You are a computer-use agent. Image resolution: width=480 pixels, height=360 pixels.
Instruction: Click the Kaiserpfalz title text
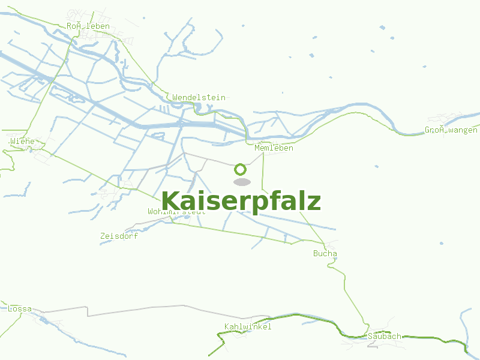pos(241,202)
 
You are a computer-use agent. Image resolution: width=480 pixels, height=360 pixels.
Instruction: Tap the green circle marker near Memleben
pos(241,170)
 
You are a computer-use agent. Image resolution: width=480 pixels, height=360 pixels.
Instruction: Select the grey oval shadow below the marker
pos(241,182)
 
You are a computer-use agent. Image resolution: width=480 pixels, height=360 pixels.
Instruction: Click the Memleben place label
pos(274,148)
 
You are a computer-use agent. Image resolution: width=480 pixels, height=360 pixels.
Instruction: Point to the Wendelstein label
pos(199,97)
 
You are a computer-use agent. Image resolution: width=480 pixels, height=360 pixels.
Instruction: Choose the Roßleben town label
pos(88,26)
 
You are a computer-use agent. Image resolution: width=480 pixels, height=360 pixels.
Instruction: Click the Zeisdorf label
pos(119,236)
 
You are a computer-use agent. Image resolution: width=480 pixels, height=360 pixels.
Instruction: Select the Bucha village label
pos(325,253)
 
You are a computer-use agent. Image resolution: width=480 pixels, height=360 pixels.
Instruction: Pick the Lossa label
pos(20,309)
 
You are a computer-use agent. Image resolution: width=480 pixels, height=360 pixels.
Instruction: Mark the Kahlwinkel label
pos(248,326)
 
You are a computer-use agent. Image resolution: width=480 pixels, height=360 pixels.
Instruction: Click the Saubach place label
pos(385,336)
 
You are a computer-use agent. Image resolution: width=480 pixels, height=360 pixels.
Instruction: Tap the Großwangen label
pos(451,130)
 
